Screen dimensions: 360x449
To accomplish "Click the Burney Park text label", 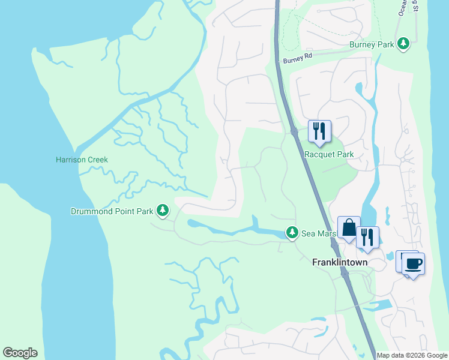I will click(x=372, y=44).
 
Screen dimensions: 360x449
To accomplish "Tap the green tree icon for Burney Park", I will click(x=405, y=43).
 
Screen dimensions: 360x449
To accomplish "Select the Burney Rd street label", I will click(x=298, y=59).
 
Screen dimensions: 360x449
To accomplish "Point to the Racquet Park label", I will click(x=329, y=154).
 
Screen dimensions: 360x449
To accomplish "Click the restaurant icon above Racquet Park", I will click(x=319, y=131).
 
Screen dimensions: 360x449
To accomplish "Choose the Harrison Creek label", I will click(x=82, y=160).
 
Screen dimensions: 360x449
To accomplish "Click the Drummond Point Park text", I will click(x=112, y=211).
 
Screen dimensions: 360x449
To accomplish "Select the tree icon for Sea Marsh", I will click(x=292, y=232).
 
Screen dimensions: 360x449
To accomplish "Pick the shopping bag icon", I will click(x=349, y=228).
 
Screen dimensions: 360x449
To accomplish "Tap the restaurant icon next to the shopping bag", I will click(x=367, y=237).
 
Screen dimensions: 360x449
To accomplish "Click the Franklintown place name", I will click(x=340, y=263).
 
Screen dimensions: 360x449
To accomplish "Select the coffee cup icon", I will click(x=414, y=263).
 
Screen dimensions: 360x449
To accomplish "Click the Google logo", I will click(x=20, y=353).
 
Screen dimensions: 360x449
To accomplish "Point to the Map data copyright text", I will click(x=412, y=355).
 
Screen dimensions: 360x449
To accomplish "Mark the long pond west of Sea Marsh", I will click(x=228, y=229).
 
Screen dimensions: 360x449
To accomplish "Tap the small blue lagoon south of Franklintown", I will click(x=379, y=305).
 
